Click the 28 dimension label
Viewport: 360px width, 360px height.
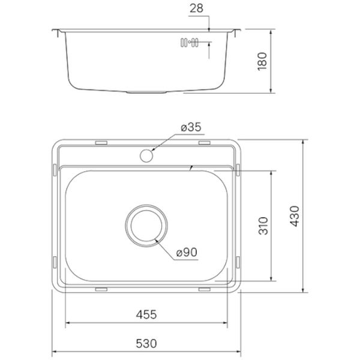pos(197,8)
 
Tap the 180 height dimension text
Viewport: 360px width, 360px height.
pos(262,62)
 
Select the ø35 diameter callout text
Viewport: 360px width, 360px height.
pos(191,127)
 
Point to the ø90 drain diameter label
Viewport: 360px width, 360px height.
pos(187,253)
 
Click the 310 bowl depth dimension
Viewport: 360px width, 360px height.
pos(263,226)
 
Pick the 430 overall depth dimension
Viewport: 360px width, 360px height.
pos(295,216)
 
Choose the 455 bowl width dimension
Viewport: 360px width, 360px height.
pos(146,314)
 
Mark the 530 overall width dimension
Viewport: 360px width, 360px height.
pos(146,344)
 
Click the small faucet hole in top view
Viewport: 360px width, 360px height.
pos(146,155)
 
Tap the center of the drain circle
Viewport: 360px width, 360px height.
pos(146,226)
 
